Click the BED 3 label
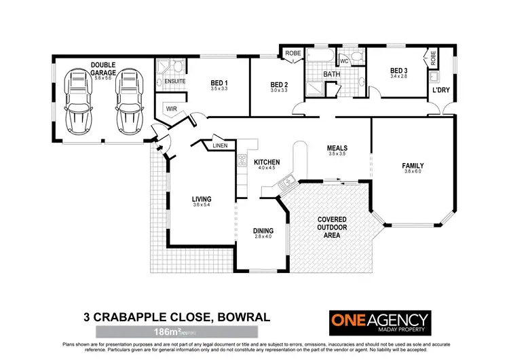click(399, 71)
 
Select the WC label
click(344, 61)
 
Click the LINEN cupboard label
click(219, 146)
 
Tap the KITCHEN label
click(267, 163)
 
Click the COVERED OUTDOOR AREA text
click(333, 227)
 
